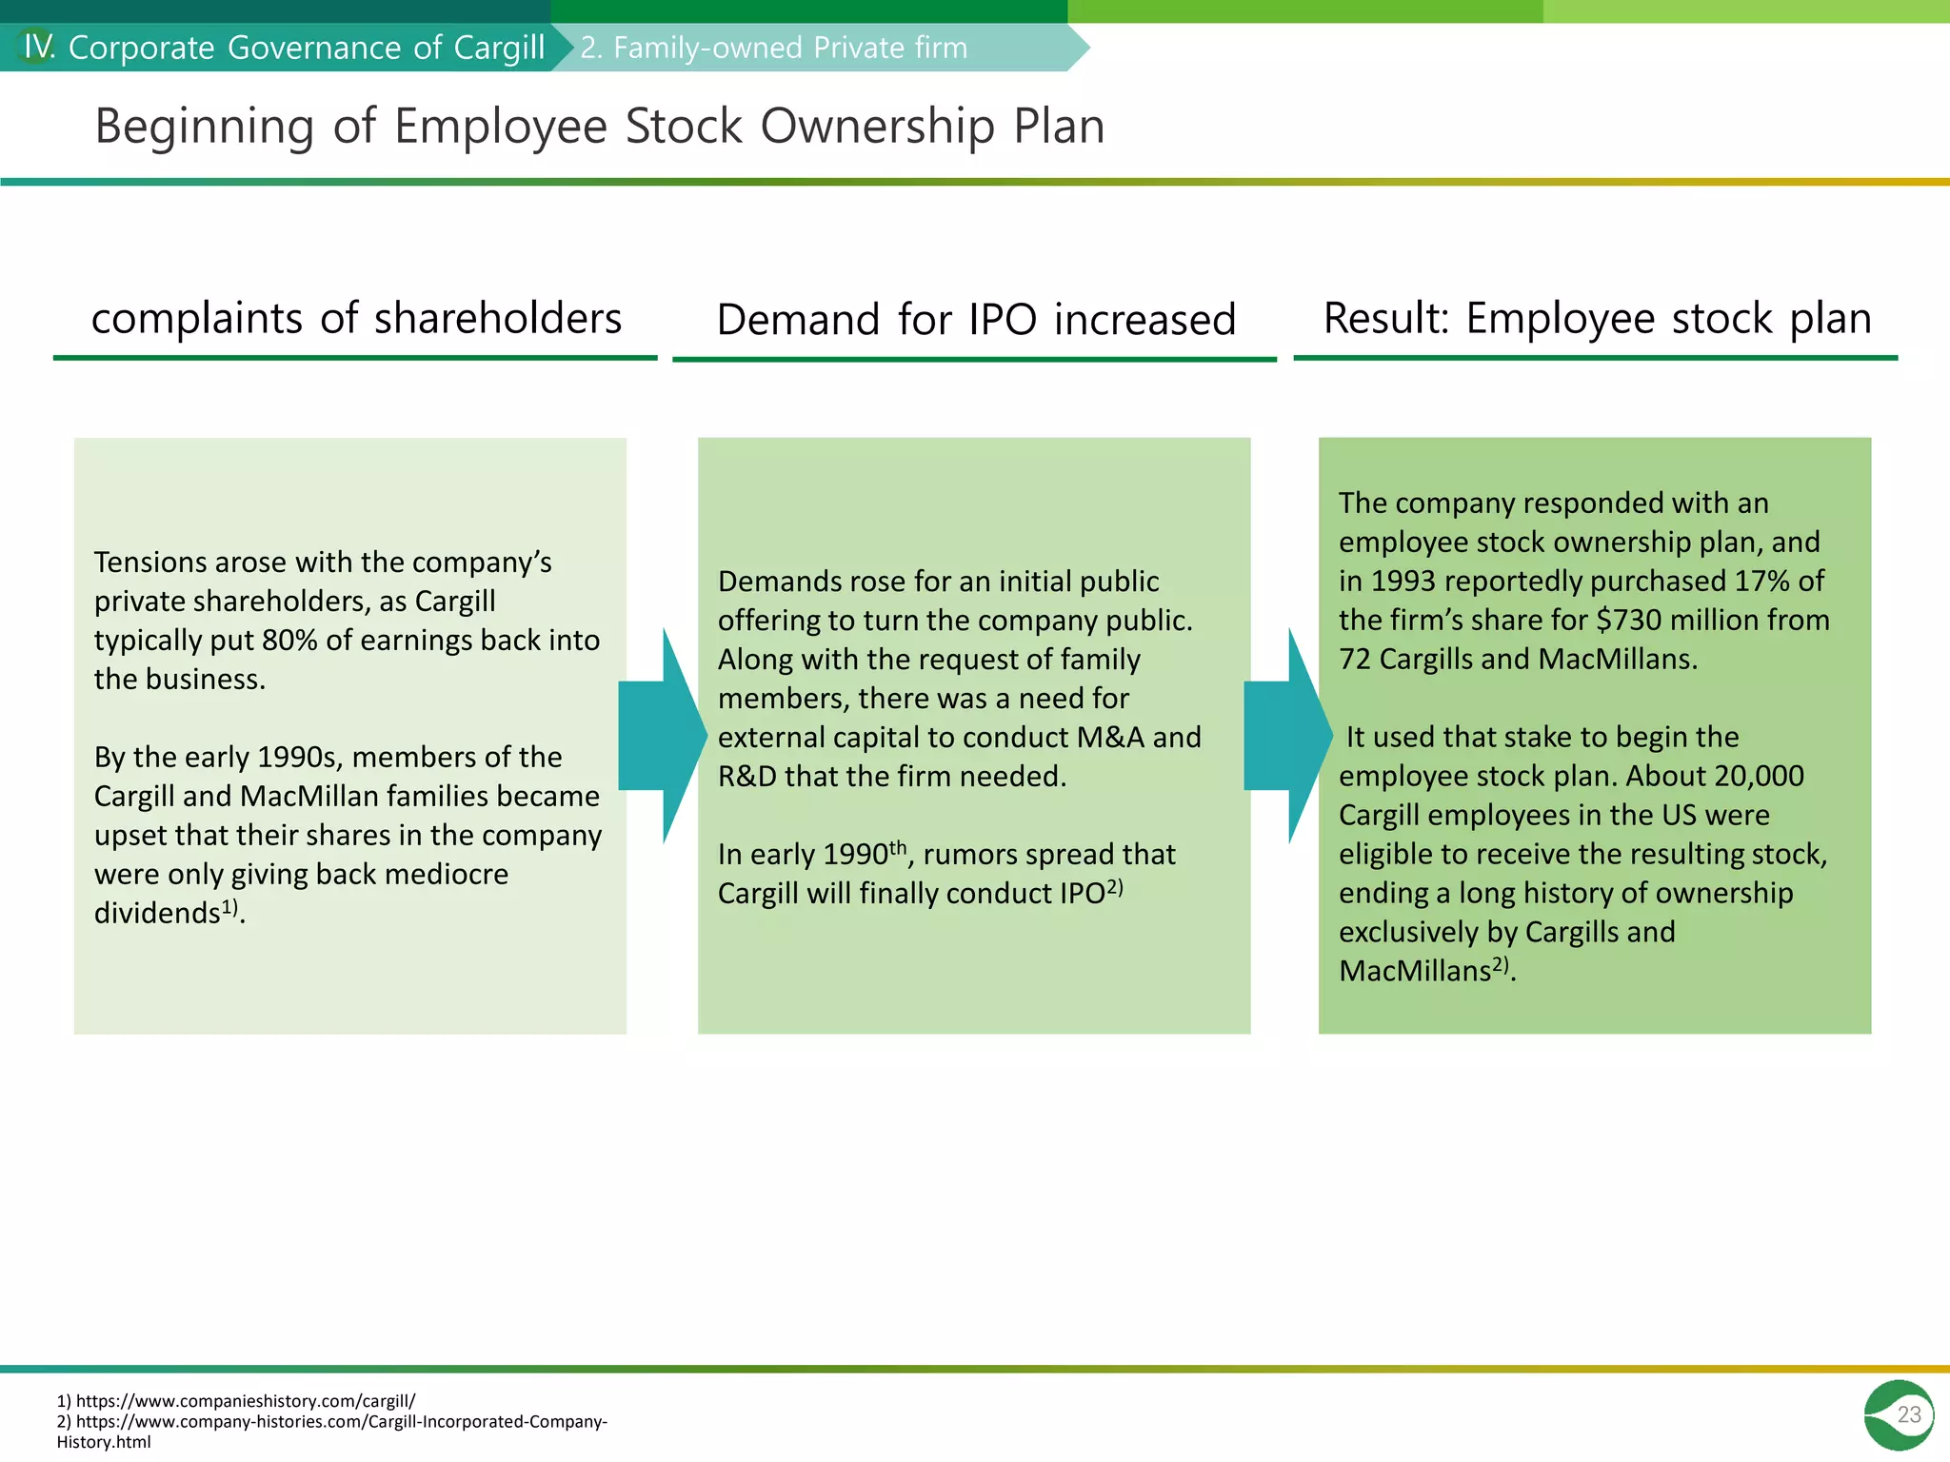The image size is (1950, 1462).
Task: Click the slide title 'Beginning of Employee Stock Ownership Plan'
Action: click(x=600, y=126)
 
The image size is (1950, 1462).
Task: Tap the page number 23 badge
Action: click(x=1899, y=1414)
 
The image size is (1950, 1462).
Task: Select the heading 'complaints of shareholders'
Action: click(x=356, y=318)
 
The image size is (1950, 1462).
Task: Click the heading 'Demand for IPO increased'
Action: click(x=976, y=320)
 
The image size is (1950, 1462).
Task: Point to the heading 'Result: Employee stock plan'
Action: click(x=1597, y=318)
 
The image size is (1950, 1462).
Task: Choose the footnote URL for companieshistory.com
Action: click(x=244, y=1401)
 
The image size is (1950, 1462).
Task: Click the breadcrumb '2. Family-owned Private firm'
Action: click(x=773, y=48)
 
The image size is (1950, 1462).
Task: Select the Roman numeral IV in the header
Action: click(x=38, y=47)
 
